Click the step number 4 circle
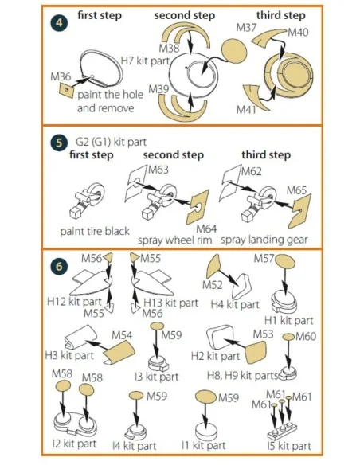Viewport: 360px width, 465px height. coord(59,23)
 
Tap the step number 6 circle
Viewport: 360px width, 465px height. coord(59,266)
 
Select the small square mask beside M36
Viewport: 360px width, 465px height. coord(66,90)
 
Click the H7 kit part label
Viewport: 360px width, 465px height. coord(145,61)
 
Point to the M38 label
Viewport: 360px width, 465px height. coord(169,48)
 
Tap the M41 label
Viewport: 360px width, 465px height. coord(246,110)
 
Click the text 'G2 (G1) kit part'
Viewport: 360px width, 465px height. coord(111,142)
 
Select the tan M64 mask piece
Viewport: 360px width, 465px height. coord(198,207)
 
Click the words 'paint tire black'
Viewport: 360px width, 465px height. coord(95,231)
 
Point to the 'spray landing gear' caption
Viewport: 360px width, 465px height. coord(264,240)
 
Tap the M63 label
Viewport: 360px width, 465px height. coord(158,170)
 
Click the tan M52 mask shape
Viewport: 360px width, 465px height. coord(213,266)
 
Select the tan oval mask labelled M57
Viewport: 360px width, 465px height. coord(285,261)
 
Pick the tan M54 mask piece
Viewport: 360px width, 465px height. coord(119,352)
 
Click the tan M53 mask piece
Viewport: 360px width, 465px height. coord(256,352)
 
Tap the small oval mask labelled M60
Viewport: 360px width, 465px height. coord(288,337)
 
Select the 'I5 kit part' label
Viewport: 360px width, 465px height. coord(289,446)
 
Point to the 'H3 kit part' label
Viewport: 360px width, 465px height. coord(69,355)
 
